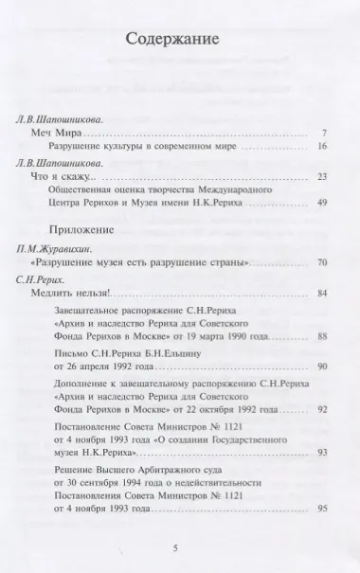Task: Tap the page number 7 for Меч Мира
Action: coord(325,132)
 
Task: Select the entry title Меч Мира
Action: coord(55,132)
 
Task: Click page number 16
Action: coord(323,146)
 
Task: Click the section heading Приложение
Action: coord(80,230)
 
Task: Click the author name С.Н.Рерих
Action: coord(45,279)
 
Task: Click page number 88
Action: coord(323,335)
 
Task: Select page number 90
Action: coord(323,365)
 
